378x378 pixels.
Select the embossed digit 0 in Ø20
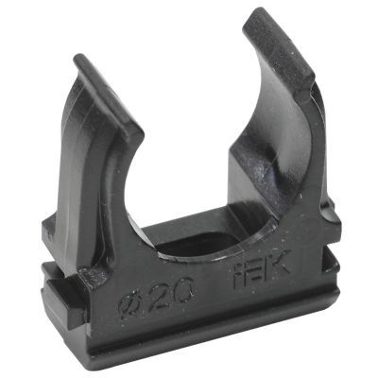(x=182, y=286)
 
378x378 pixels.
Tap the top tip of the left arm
(x=79, y=58)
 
